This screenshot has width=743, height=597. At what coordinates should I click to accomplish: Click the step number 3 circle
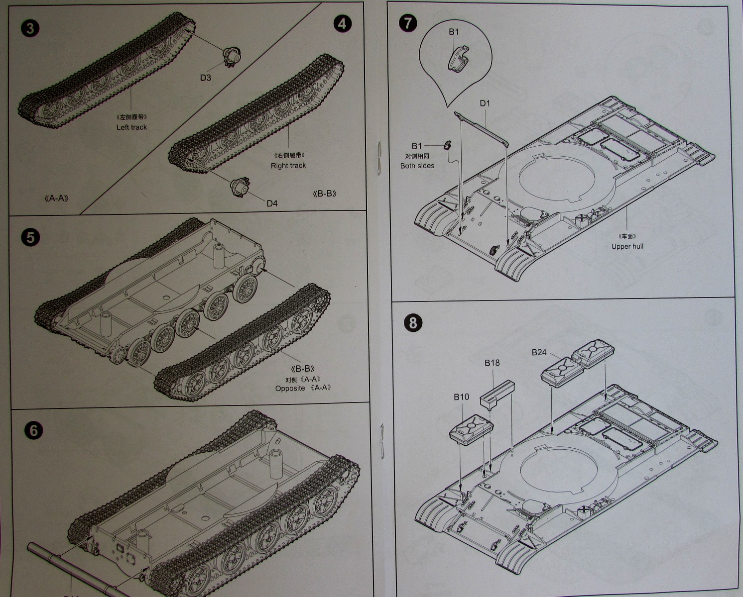pyautogui.click(x=30, y=28)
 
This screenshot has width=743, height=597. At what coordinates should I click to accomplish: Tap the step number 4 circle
pyautogui.click(x=342, y=23)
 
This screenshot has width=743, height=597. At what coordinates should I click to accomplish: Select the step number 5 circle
pyautogui.click(x=30, y=237)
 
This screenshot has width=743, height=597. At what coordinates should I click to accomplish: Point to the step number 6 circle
pyautogui.click(x=33, y=430)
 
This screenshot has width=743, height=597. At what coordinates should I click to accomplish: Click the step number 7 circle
pyautogui.click(x=408, y=23)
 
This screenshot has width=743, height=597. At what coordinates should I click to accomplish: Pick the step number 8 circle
pyautogui.click(x=413, y=323)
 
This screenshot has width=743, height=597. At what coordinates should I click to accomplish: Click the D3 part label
pyautogui.click(x=206, y=78)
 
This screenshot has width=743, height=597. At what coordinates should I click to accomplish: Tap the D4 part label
pyautogui.click(x=272, y=203)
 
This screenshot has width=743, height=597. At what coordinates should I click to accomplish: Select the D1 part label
pyautogui.click(x=485, y=103)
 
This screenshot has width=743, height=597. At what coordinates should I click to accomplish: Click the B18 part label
pyautogui.click(x=492, y=363)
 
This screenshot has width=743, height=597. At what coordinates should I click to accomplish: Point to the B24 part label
pyautogui.click(x=539, y=352)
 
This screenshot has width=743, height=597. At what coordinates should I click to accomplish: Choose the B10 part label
pyautogui.click(x=461, y=397)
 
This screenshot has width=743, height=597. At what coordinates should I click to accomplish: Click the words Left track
pyautogui.click(x=131, y=127)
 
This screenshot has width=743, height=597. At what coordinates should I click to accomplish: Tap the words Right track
pyautogui.click(x=288, y=166)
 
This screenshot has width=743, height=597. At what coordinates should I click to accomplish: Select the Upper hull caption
pyautogui.click(x=627, y=246)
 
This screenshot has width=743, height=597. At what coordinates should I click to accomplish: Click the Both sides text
pyautogui.click(x=417, y=166)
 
